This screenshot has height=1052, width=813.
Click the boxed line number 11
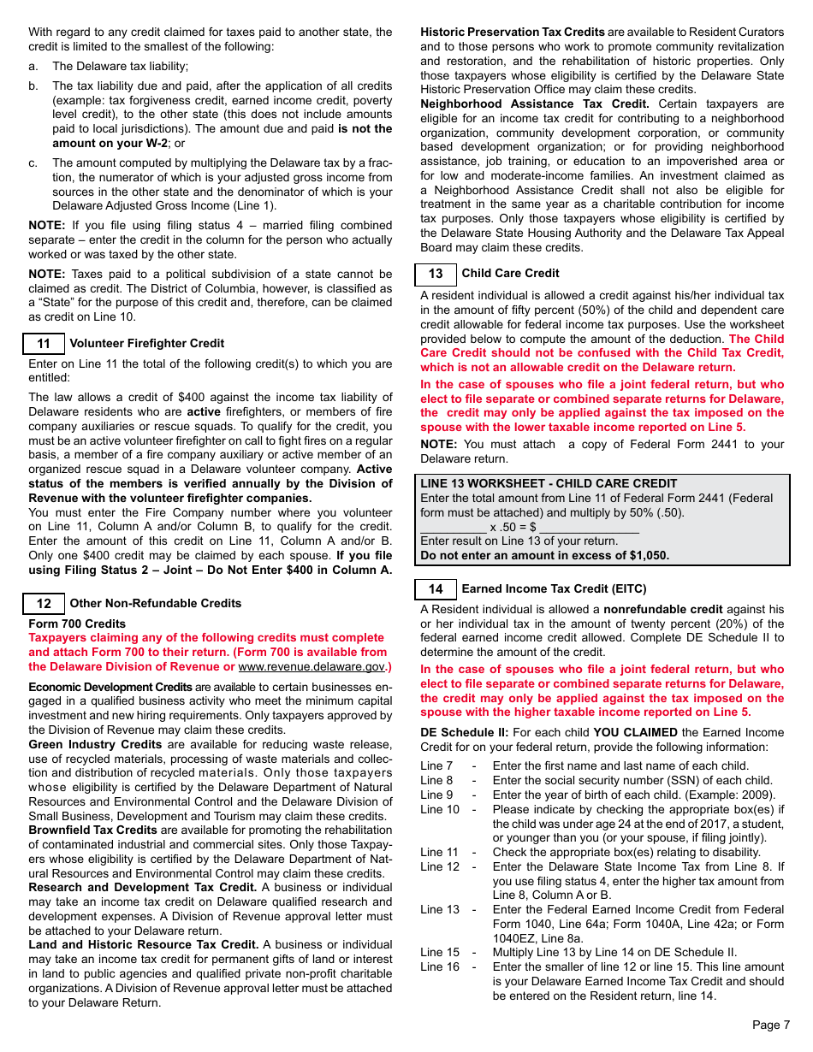(x=44, y=344)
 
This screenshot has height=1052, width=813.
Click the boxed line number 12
(x=44, y=604)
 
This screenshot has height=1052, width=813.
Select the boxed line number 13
(x=436, y=274)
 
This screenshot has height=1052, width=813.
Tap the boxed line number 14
(x=436, y=589)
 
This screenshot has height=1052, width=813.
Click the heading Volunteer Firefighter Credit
(x=146, y=344)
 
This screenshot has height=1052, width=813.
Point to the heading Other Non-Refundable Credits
(x=155, y=604)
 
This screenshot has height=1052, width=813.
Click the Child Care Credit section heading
(x=510, y=274)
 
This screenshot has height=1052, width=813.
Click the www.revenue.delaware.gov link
(x=311, y=666)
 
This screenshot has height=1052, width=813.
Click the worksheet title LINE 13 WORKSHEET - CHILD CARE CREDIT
(x=549, y=483)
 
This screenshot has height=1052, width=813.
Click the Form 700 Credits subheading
(x=77, y=624)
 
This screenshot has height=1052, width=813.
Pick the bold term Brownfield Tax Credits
(x=92, y=830)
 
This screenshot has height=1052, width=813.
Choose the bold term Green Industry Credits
(x=95, y=745)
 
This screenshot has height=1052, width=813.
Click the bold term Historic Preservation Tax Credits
(x=512, y=33)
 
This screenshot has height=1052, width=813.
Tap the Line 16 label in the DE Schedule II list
(x=439, y=967)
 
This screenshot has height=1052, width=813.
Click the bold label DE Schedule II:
(x=464, y=733)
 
